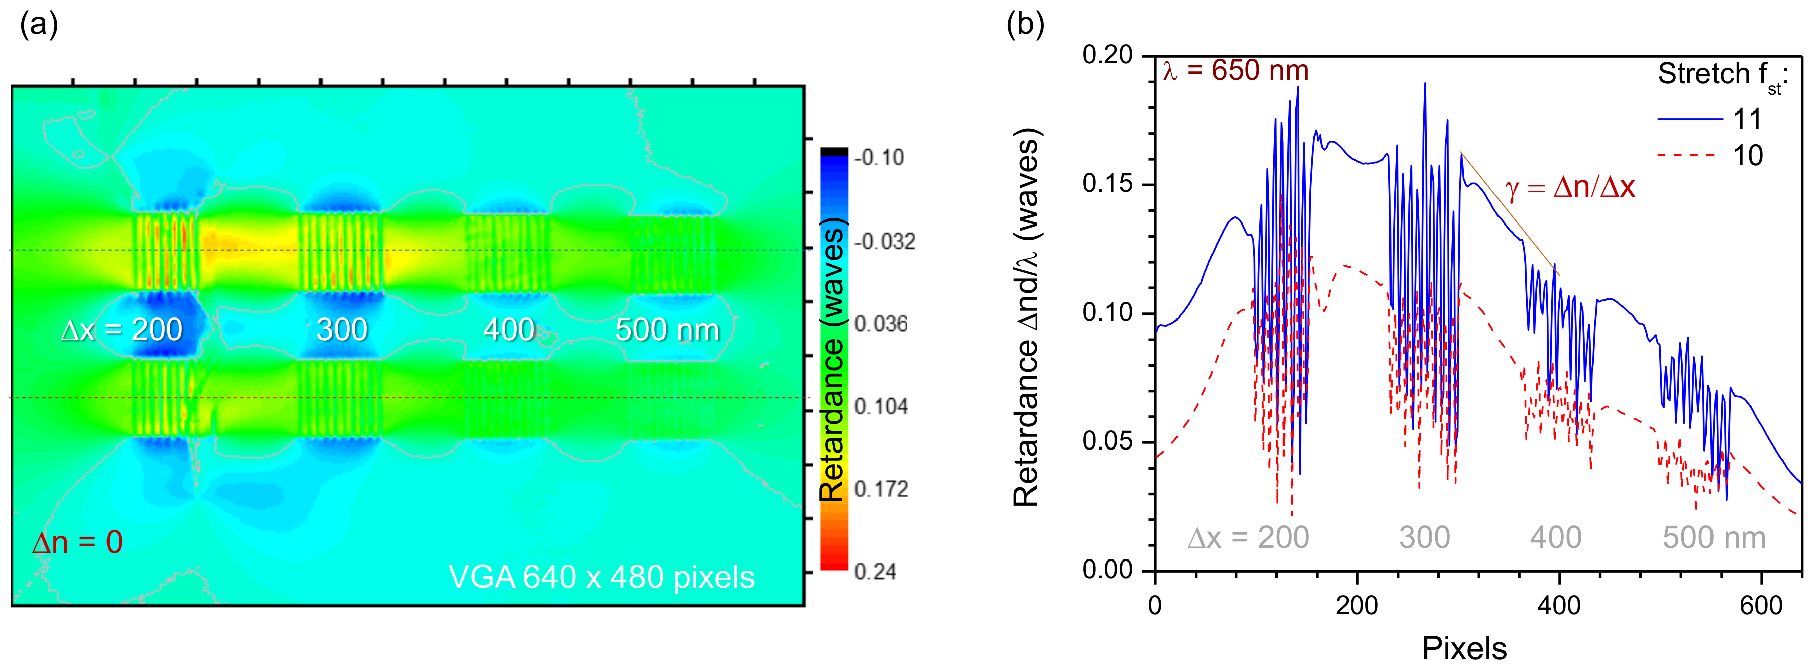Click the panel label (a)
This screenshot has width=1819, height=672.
click(39, 26)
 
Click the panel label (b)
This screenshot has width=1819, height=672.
click(1025, 26)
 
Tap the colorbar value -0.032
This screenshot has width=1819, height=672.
click(884, 242)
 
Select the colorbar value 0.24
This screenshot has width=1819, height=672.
click(875, 571)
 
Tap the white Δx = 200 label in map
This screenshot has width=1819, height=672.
click(122, 329)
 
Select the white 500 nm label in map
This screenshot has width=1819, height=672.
click(667, 329)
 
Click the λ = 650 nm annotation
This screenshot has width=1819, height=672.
click(1236, 71)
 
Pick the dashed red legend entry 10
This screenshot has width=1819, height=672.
click(1709, 155)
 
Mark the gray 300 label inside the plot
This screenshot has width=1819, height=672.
click(1424, 538)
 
